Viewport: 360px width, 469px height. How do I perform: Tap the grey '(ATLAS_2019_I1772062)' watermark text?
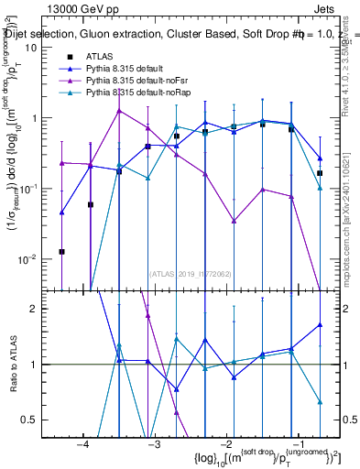(190, 273)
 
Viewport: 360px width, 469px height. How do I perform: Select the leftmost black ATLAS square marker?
(61, 251)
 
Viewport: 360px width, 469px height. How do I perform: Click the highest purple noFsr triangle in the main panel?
(119, 111)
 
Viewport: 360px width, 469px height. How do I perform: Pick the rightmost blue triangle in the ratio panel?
(320, 324)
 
